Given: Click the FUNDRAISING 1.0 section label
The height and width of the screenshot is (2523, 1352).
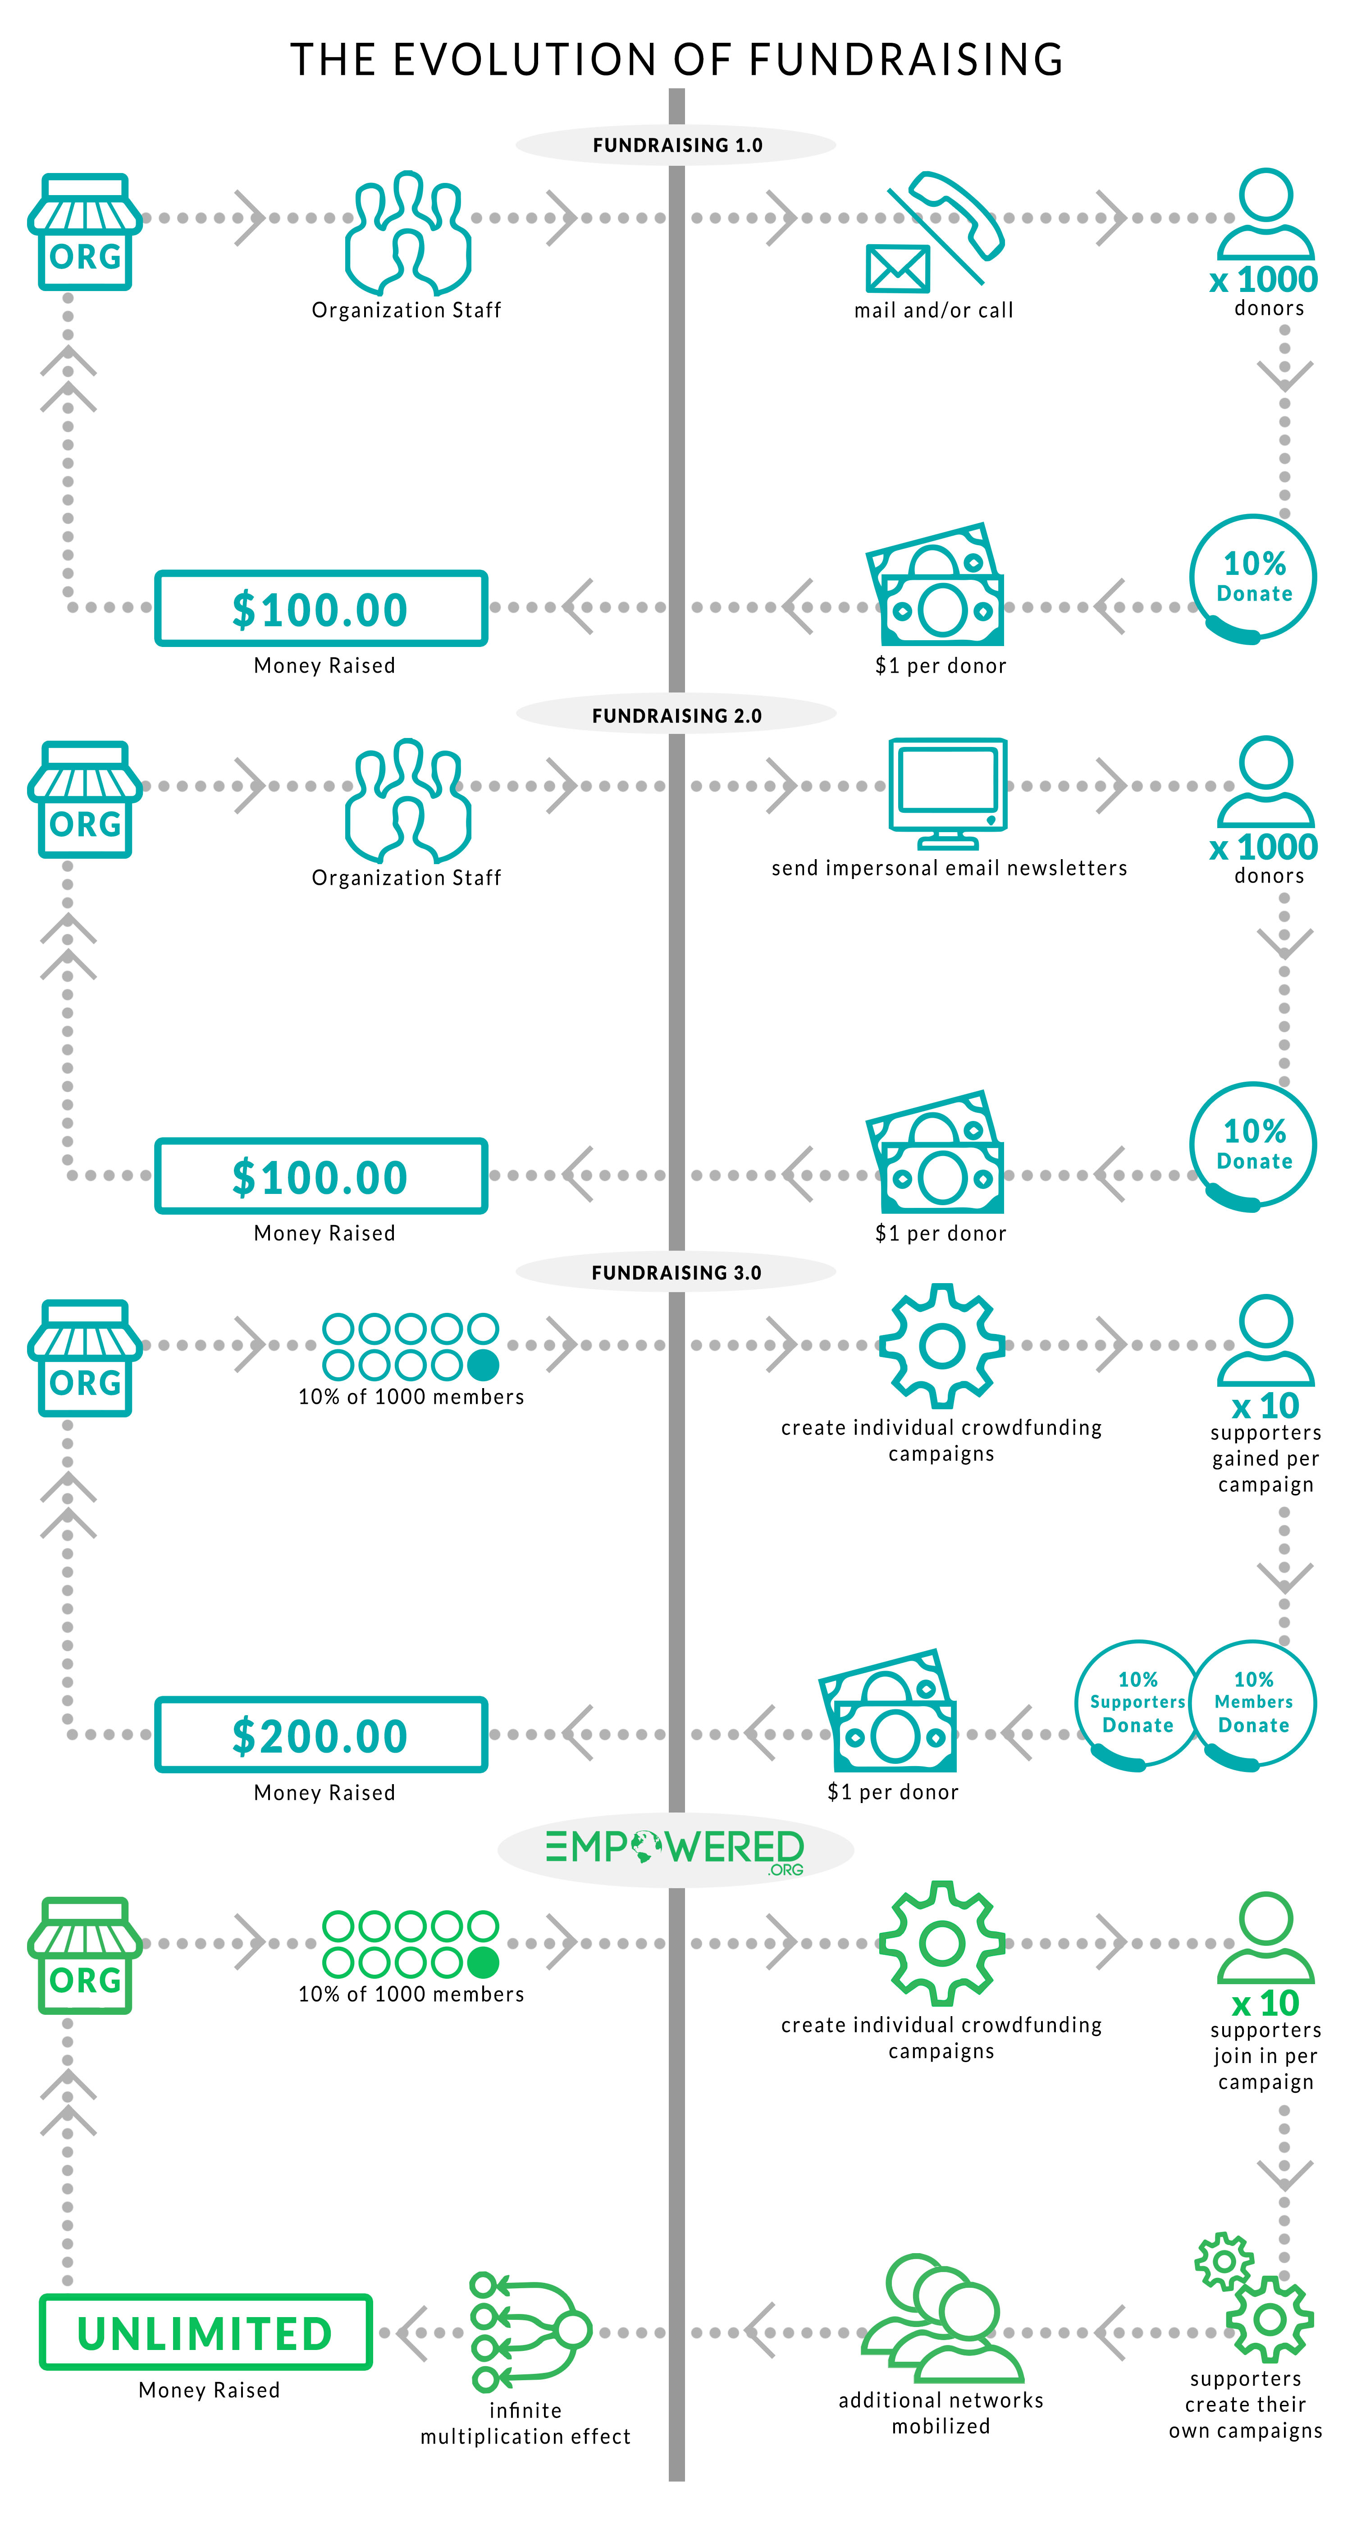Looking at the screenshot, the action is (x=677, y=145).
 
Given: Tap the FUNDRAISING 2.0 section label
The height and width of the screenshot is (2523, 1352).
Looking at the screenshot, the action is (x=677, y=716).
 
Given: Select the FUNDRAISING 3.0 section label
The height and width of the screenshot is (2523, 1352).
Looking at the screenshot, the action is (x=677, y=1272).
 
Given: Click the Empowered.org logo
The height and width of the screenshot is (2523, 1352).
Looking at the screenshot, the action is (x=675, y=1850).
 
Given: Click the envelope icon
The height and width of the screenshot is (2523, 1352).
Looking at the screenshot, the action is (x=897, y=269).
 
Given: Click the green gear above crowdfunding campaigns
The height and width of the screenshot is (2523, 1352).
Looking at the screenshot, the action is (x=941, y=1942).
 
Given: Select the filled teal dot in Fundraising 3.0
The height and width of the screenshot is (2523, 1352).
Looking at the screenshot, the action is (x=483, y=1364).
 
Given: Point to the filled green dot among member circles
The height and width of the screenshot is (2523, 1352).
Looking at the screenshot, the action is (x=483, y=1962).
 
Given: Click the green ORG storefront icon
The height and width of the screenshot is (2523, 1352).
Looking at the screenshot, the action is (x=85, y=1955).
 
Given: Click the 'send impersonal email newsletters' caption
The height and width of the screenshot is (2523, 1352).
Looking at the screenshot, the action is (x=950, y=868).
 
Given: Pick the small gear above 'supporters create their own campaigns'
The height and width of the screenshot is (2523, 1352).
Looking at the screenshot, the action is (x=1224, y=2260).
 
